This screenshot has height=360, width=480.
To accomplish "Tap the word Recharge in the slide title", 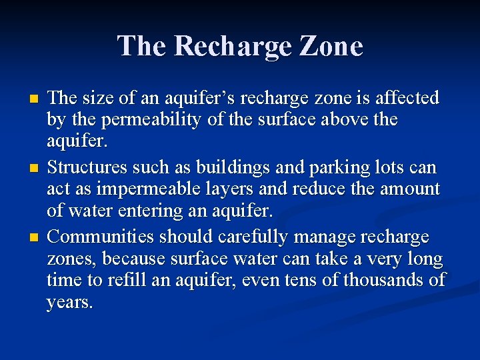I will point(225,46).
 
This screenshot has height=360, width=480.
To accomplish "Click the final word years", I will point(69,303).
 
